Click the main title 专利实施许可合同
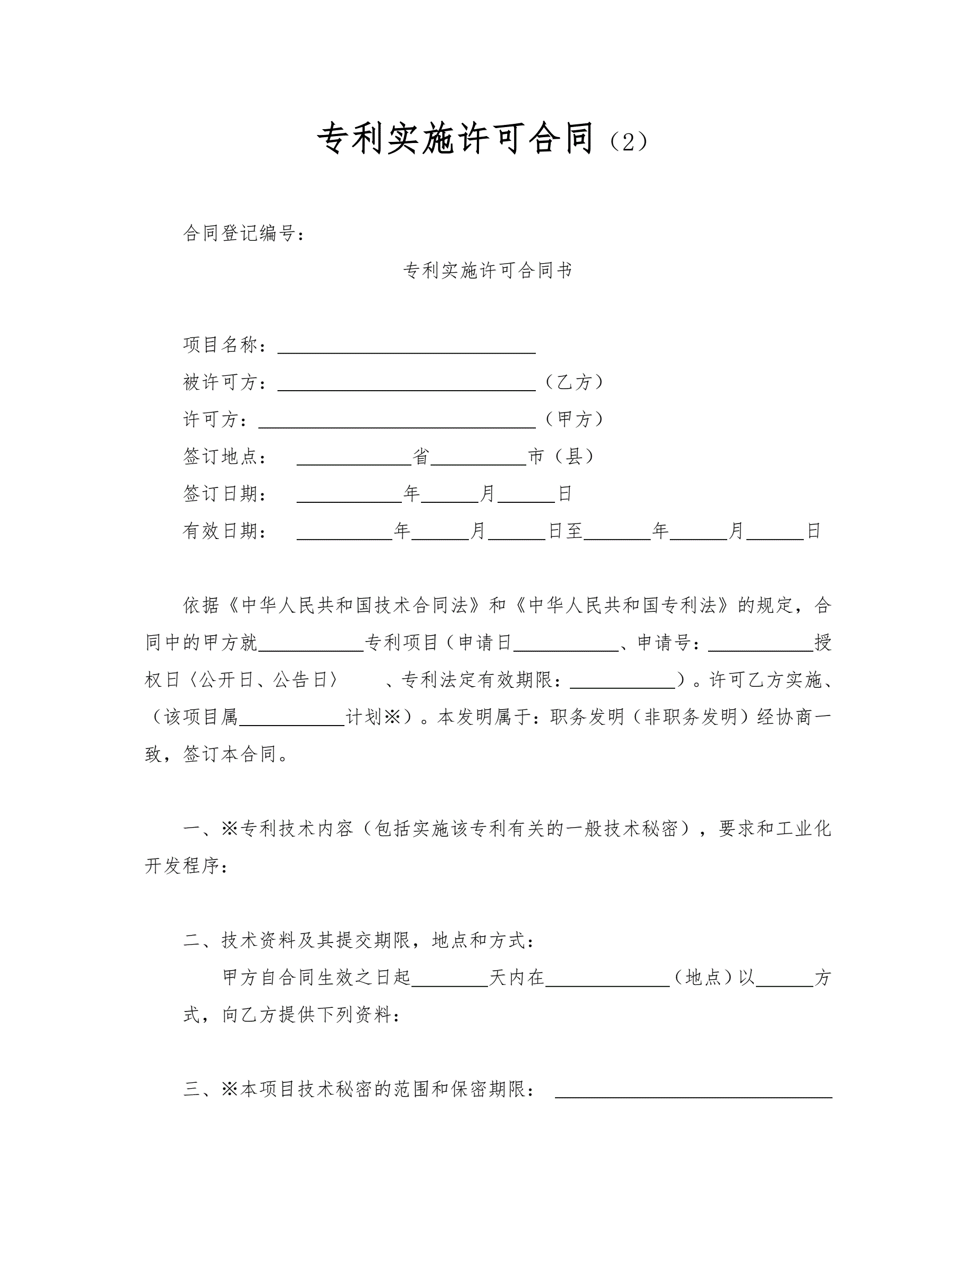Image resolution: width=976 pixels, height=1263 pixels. click(x=456, y=139)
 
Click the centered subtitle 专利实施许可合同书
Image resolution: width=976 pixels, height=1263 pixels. click(x=487, y=270)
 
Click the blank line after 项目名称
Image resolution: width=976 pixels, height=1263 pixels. click(x=407, y=347)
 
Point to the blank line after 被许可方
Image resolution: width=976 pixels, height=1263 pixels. click(x=407, y=384)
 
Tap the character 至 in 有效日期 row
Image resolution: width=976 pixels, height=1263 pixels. click(x=574, y=531)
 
